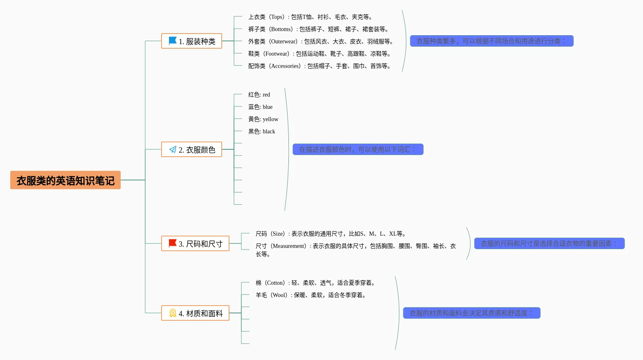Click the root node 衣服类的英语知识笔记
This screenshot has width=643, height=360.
click(65, 180)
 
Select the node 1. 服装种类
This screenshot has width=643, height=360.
click(191, 41)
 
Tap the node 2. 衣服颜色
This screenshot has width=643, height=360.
click(191, 150)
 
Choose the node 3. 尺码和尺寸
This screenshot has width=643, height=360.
click(195, 244)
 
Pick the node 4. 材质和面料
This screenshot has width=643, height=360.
click(195, 313)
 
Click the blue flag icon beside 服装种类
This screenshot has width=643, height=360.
click(173, 41)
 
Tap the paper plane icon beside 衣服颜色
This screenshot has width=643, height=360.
click(173, 149)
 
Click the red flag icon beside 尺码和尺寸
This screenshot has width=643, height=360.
click(173, 243)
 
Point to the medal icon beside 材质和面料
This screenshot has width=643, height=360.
click(173, 313)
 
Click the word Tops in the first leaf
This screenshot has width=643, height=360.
click(277, 17)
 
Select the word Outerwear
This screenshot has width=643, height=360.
click(283, 42)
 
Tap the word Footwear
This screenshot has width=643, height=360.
click(276, 54)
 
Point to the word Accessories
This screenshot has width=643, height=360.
click(285, 66)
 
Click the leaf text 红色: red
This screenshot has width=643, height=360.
click(259, 95)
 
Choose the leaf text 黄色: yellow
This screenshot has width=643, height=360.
click(263, 119)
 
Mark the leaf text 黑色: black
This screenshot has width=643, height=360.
click(261, 132)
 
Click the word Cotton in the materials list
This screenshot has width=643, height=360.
click(275, 283)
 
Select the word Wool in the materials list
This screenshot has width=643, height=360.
click(279, 295)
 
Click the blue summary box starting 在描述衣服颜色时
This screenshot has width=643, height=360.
click(358, 149)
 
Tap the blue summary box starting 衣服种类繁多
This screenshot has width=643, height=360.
click(492, 41)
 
